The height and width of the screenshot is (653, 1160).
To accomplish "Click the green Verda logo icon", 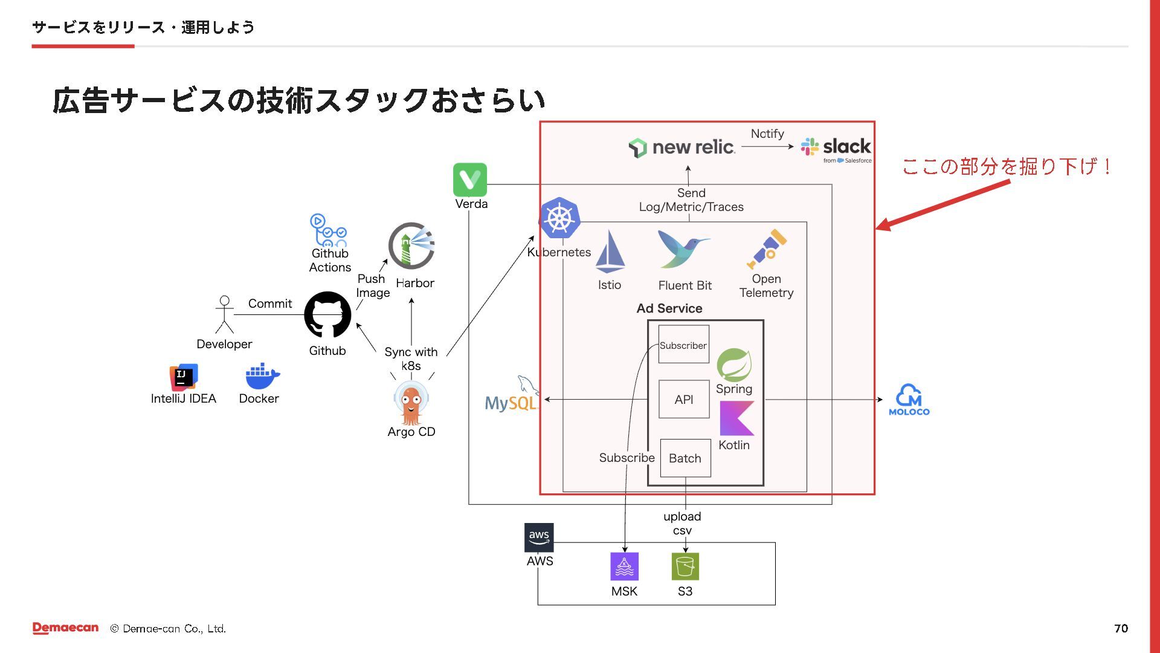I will pyautogui.click(x=470, y=180).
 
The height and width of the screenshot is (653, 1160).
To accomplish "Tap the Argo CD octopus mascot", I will pyautogui.click(x=411, y=404).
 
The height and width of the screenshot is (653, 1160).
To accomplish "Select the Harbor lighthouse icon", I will pyautogui.click(x=411, y=245).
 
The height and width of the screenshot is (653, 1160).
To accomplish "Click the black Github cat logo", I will pyautogui.click(x=327, y=314).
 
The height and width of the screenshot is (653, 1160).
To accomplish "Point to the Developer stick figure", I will pyautogui.click(x=224, y=314).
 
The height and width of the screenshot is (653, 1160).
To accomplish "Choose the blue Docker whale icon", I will pyautogui.click(x=262, y=377).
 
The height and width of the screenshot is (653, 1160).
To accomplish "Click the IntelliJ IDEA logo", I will pyautogui.click(x=184, y=377).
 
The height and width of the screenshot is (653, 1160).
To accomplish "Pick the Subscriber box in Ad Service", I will pyautogui.click(x=683, y=345).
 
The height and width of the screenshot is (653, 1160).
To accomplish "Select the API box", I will pyautogui.click(x=683, y=399).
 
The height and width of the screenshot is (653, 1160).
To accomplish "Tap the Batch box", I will pyautogui.click(x=685, y=458).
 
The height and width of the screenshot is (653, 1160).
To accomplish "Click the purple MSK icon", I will pyautogui.click(x=624, y=567).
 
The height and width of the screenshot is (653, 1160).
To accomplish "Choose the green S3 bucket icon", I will pyautogui.click(x=685, y=567).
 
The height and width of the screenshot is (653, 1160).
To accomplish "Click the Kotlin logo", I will pyautogui.click(x=736, y=418).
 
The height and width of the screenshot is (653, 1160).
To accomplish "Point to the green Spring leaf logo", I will pyautogui.click(x=734, y=365).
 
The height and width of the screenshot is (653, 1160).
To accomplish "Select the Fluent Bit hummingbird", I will pyautogui.click(x=683, y=249).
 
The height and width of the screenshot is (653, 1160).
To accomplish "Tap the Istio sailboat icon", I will pyautogui.click(x=610, y=252).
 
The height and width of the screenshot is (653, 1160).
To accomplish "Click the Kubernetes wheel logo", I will pyautogui.click(x=559, y=218).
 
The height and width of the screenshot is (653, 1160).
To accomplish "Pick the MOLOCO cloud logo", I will pyautogui.click(x=909, y=399).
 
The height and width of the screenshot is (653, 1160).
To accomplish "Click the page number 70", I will pyautogui.click(x=1121, y=628).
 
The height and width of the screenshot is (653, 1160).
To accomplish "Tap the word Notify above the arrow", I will pyautogui.click(x=767, y=134).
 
